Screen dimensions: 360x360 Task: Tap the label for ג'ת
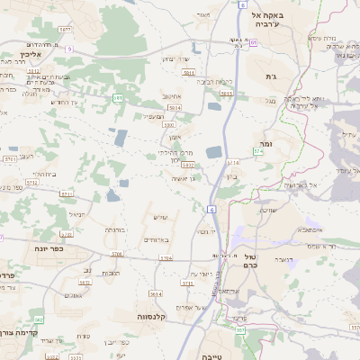270,78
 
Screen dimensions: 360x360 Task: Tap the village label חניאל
76,213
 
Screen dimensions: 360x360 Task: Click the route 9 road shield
68,49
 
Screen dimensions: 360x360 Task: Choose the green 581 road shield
118,96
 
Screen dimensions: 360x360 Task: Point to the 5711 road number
66,193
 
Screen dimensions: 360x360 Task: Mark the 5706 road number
116,255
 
